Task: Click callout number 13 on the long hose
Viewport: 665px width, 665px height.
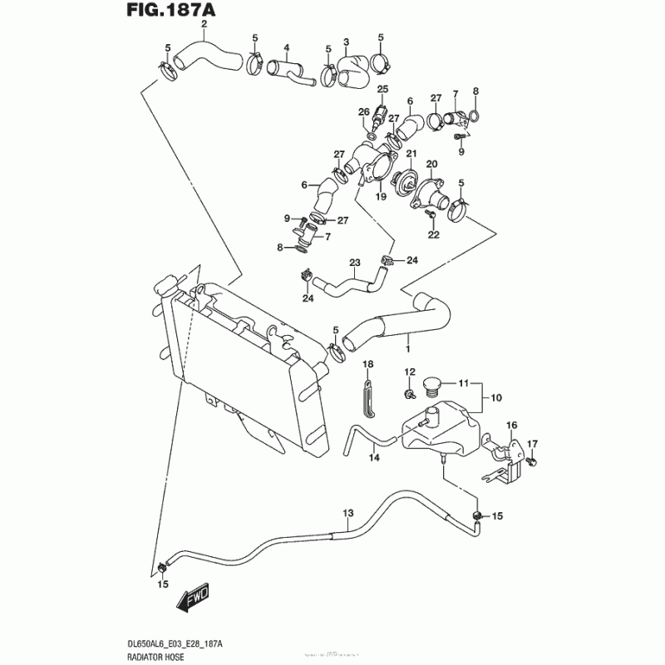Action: point(348,512)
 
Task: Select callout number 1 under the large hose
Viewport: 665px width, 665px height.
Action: point(407,339)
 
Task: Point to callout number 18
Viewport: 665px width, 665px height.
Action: point(368,364)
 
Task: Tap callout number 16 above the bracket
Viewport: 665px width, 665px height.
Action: point(512,426)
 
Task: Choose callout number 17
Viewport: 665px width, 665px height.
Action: point(534,443)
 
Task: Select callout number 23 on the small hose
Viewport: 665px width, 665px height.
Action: point(355,263)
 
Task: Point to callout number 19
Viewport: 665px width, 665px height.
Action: point(381,197)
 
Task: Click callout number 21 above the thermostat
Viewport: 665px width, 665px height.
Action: point(410,154)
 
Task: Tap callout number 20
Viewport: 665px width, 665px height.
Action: point(432,163)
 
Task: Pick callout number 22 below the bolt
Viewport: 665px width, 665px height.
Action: point(433,234)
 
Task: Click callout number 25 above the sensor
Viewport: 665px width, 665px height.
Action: point(383,89)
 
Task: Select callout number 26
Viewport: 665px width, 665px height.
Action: point(363,111)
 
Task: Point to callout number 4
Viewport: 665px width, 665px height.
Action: point(286,47)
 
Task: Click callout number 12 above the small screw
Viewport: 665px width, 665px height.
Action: point(410,372)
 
